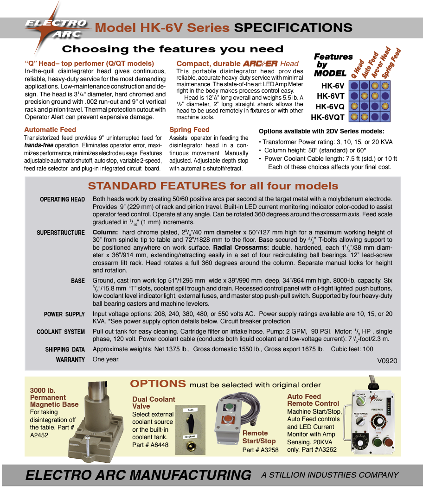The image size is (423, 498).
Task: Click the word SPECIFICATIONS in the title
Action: click(x=293, y=28)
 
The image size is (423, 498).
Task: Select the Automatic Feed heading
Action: click(x=50, y=130)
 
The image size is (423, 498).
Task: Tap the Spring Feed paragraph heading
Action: click(x=189, y=130)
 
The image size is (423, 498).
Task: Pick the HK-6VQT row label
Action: click(x=327, y=117)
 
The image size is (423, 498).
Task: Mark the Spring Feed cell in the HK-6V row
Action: click(x=385, y=86)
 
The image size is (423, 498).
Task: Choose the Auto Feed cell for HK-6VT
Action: click(x=365, y=96)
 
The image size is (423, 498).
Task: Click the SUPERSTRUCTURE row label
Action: click(x=61, y=233)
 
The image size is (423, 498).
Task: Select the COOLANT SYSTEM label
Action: click(x=61, y=332)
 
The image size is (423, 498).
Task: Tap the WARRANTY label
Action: click(x=70, y=359)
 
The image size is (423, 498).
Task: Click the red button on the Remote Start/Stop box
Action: click(x=228, y=421)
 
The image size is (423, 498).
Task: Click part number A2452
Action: click(x=39, y=435)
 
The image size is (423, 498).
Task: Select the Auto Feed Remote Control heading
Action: click(x=313, y=400)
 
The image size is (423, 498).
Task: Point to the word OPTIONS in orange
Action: click(x=158, y=384)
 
